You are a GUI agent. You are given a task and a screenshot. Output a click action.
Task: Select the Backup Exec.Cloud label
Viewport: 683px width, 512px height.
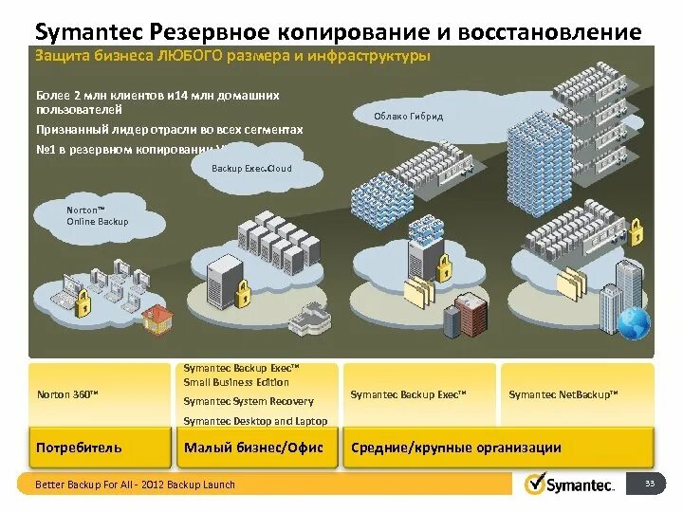pos(251,169)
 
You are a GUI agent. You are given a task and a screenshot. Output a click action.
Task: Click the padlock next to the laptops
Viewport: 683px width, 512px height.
pos(83,302)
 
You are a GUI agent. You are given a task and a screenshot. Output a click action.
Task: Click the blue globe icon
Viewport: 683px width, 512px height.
pos(633,323)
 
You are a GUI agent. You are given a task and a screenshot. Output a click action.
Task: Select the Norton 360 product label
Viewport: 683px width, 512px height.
pos(67,393)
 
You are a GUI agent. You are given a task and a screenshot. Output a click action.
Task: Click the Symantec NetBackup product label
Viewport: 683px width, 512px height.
pos(563,393)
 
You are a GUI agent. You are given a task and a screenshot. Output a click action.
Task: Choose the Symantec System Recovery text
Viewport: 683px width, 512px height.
pos(248,401)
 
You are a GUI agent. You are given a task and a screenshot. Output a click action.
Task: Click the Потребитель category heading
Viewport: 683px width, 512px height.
pos(79,448)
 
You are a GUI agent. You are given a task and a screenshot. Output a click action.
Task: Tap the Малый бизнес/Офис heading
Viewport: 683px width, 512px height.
pos(253,448)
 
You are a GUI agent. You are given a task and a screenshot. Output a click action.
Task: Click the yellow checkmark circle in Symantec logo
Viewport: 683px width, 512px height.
pos(535,484)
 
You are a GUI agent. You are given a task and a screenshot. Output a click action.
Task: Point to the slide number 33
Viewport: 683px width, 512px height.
pos(650,484)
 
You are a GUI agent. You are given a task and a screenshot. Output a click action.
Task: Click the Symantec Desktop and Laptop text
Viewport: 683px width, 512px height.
pos(255,421)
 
